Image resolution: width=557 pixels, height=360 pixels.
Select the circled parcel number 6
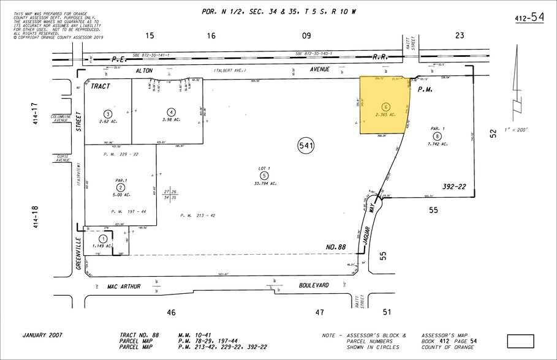(x=385, y=107)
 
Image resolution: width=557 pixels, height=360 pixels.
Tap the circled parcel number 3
(x=108, y=114)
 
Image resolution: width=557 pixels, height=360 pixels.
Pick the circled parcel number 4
(x=172, y=111)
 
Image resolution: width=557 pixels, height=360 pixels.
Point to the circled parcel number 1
(x=103, y=239)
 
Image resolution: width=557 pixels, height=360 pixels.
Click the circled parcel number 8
(x=436, y=136)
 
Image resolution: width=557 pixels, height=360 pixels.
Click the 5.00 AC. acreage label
(x=121, y=195)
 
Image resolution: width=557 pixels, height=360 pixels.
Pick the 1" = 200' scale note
(x=513, y=130)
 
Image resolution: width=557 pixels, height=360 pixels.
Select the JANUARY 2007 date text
(x=47, y=336)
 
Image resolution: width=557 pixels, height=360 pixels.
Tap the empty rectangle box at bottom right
(x=521, y=340)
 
